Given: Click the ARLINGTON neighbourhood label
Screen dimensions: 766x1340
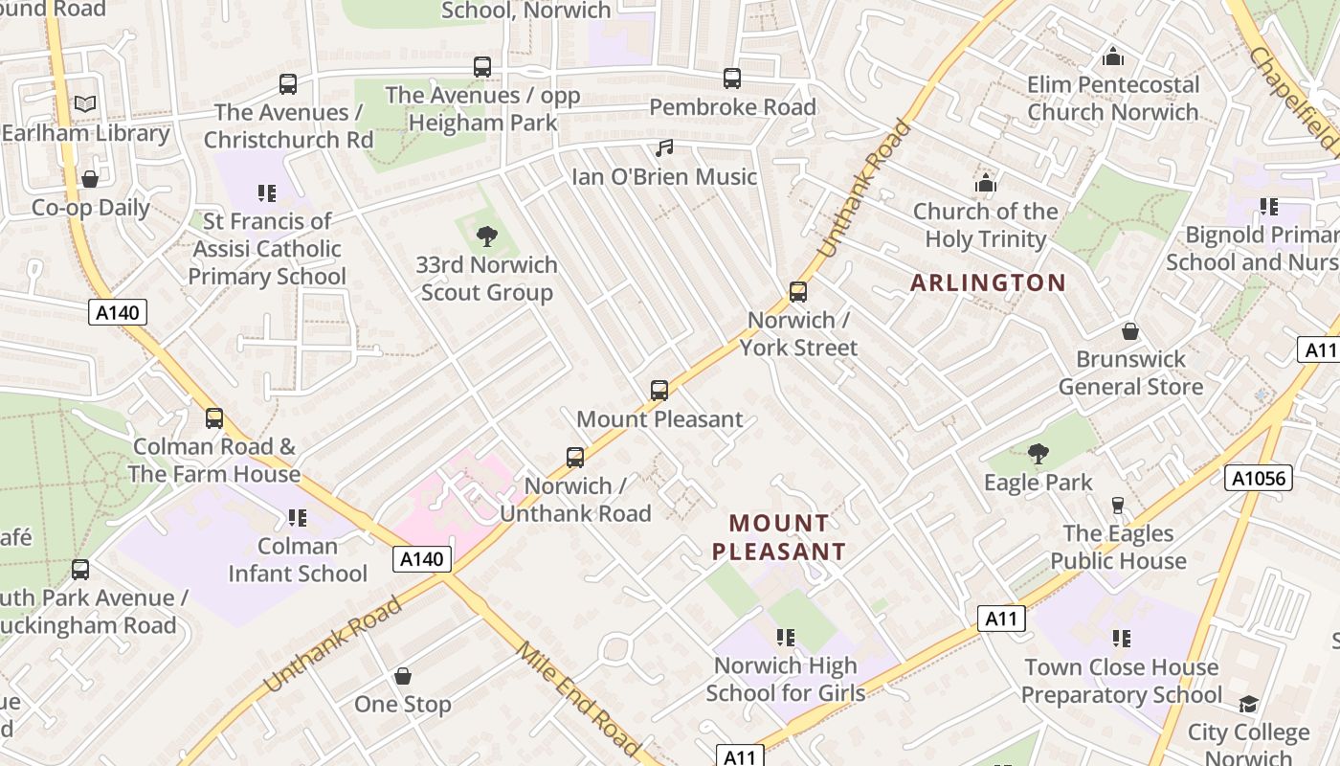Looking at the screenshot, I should [987, 282].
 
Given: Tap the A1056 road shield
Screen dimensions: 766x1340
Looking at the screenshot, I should [1258, 477].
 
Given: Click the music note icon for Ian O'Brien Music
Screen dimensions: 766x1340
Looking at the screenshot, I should [664, 148].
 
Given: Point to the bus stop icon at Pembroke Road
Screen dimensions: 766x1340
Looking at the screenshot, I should [732, 79].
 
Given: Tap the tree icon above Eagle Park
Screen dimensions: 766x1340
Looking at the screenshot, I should [1038, 454].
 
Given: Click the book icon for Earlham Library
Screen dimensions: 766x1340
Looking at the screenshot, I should [85, 103].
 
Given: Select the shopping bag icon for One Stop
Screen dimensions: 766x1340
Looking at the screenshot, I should [403, 676].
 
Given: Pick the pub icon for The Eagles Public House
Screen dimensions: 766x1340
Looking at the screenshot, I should [1117, 505].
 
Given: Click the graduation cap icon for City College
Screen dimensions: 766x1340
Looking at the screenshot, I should [1248, 705].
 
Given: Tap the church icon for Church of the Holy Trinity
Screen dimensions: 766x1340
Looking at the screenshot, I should [985, 183].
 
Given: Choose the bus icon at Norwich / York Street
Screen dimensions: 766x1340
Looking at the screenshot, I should [797, 292].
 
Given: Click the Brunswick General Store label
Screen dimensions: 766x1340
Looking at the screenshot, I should [1130, 373].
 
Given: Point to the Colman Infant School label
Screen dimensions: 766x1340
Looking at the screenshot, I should [298, 560].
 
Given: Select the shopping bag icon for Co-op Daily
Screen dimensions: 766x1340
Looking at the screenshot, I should [90, 179].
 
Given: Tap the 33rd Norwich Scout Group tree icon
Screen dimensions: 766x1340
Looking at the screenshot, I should [487, 236].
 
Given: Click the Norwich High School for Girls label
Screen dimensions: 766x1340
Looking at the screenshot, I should [785, 679].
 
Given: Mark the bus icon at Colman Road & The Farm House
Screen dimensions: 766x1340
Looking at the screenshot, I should [214, 418].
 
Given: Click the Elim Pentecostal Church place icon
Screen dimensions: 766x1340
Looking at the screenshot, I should [1112, 57].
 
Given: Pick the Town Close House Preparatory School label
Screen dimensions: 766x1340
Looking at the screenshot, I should [1121, 681].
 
